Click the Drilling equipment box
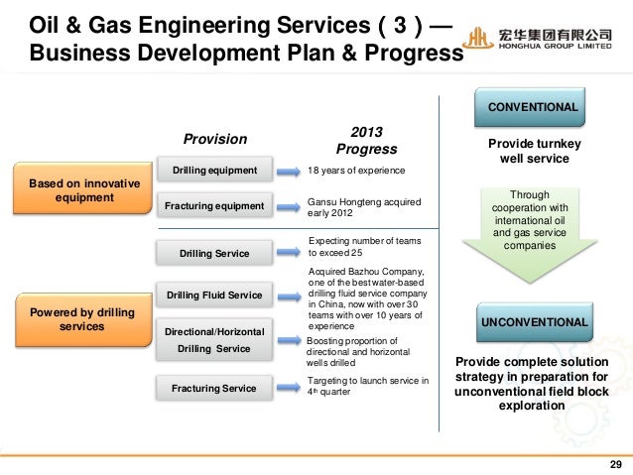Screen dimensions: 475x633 point(214,171)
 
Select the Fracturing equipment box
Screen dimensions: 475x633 point(214,205)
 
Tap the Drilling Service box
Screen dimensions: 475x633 point(214,254)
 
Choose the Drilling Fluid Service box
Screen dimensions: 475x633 point(214,295)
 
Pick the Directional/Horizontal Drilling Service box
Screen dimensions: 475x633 point(214,339)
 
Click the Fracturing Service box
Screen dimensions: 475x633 point(214,388)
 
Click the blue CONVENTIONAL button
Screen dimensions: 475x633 point(532,105)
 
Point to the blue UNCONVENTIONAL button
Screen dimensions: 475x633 point(534,322)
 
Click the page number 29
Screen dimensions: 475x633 point(614,465)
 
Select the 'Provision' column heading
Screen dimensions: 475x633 point(215,139)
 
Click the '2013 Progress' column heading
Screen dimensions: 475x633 point(366,140)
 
